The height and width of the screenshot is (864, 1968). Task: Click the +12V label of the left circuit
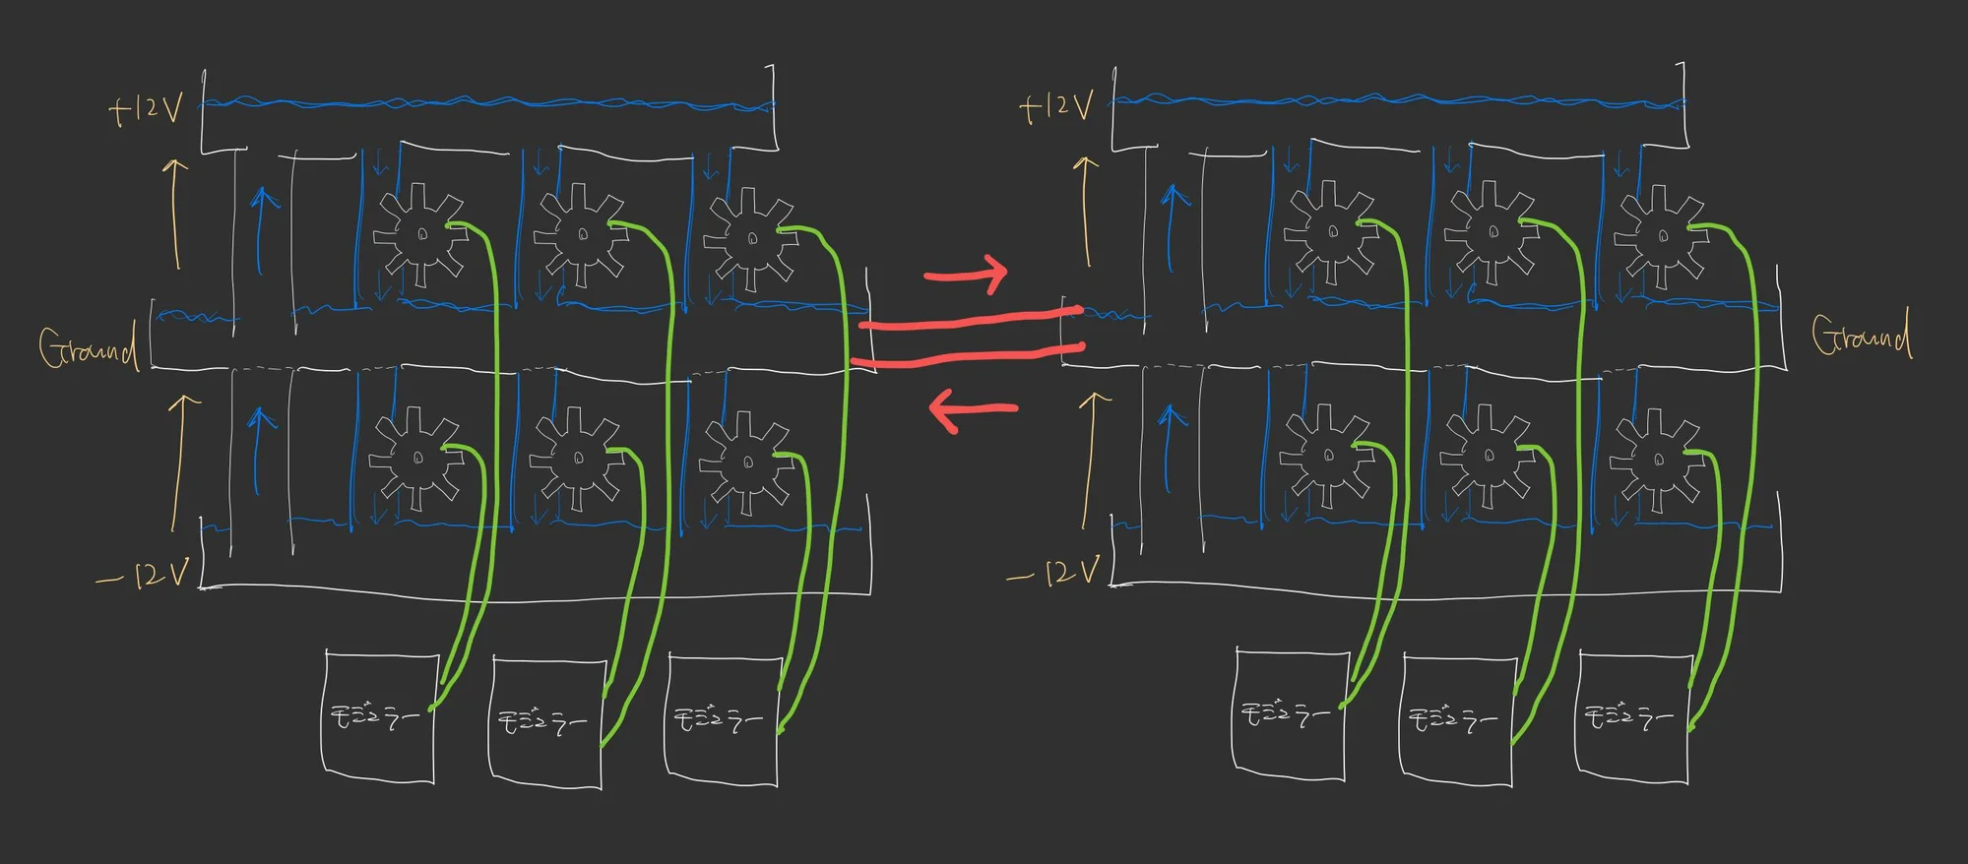coord(146,107)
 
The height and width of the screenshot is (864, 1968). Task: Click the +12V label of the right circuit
coord(1056,106)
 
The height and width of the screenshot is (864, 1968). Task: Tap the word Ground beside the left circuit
coord(87,347)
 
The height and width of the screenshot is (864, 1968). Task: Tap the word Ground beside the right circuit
coord(1861,336)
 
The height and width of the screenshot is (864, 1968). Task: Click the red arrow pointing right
coord(966,274)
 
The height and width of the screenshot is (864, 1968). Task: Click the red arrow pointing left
coord(973,409)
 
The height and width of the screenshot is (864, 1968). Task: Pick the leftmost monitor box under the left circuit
coord(379,715)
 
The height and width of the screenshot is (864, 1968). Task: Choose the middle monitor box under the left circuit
coord(545,723)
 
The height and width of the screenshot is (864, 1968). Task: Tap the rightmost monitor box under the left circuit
coord(722,720)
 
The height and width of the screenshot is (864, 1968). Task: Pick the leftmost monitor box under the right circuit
coord(1289,712)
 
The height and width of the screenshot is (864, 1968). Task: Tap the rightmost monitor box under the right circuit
coord(1631,718)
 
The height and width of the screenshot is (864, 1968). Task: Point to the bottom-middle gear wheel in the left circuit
coord(578,459)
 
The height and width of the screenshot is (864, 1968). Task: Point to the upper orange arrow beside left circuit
coord(175,213)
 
